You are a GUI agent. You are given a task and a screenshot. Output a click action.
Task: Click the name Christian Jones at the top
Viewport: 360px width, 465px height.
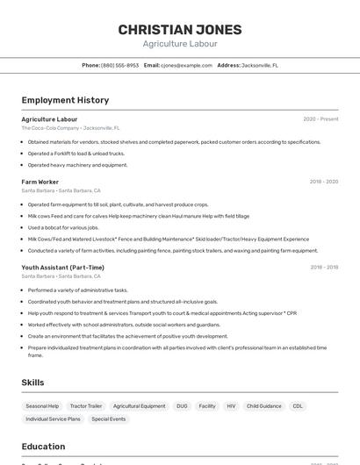(x=180, y=30)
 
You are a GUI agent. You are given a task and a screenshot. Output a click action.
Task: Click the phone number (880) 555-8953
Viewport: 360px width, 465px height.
(x=119, y=65)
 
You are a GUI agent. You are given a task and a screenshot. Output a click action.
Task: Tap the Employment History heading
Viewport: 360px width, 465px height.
(x=65, y=100)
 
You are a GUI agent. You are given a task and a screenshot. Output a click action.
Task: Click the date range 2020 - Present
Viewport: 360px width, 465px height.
(x=320, y=119)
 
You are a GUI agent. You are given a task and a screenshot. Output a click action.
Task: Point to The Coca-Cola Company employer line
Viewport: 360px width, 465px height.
(x=70, y=128)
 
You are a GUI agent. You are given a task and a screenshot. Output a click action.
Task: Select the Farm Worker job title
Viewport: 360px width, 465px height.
(x=40, y=182)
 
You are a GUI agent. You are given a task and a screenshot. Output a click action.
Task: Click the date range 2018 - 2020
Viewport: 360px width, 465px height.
(x=323, y=182)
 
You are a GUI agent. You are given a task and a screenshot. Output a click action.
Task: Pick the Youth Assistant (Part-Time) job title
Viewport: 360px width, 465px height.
(x=62, y=268)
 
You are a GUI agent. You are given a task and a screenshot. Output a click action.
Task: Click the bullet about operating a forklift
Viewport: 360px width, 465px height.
(x=76, y=154)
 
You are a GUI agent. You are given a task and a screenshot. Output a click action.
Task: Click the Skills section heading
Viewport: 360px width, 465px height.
(x=32, y=383)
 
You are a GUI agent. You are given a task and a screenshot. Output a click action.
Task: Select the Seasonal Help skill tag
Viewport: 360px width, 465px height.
(x=42, y=406)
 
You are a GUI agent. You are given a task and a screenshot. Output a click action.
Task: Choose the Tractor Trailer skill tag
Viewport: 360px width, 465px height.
(x=86, y=406)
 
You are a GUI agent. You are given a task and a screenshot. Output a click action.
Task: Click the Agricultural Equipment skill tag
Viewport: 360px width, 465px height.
(x=139, y=406)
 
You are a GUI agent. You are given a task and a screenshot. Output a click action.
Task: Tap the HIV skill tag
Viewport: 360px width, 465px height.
(x=231, y=406)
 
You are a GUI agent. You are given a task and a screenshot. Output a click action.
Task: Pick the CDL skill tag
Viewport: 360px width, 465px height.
(x=298, y=406)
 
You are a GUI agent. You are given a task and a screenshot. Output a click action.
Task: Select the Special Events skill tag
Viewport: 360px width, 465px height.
(x=109, y=419)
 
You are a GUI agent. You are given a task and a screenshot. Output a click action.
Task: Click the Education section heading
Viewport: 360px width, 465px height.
(x=43, y=447)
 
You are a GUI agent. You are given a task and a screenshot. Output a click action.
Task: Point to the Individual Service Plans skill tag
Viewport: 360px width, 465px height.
(x=53, y=419)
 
